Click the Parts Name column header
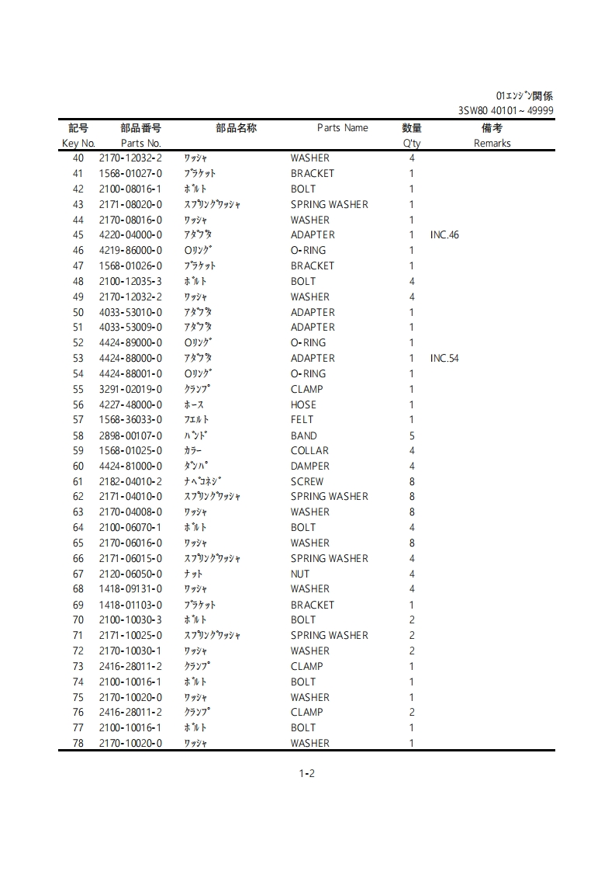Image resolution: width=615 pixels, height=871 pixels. tap(342, 128)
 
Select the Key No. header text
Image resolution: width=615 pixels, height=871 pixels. tap(78, 144)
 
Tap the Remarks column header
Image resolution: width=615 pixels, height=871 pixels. tap(492, 144)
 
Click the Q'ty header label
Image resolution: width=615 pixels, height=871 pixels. tap(412, 144)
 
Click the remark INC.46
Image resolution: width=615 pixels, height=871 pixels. tap(444, 235)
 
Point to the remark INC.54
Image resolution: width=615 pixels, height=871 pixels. tap(444, 359)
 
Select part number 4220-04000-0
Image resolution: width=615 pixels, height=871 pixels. tap(130, 235)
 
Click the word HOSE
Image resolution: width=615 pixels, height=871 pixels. tap(303, 405)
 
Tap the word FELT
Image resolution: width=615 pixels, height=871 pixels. tap(302, 420)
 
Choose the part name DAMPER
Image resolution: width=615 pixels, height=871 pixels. tap(309, 467)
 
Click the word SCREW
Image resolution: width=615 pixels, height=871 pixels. tap(307, 482)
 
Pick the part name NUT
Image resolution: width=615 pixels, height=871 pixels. tap(300, 574)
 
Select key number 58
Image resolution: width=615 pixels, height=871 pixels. tap(78, 435)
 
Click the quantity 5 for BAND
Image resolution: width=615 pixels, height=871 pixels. tap(412, 435)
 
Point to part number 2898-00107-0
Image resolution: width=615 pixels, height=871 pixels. tap(130, 435)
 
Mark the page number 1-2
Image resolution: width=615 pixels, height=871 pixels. tap(306, 773)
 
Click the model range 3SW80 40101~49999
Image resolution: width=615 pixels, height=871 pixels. tap(506, 111)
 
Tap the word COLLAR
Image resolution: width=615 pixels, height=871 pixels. tap(309, 451)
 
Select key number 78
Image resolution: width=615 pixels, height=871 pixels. tap(78, 744)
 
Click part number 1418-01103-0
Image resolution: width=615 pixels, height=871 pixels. tap(130, 605)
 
